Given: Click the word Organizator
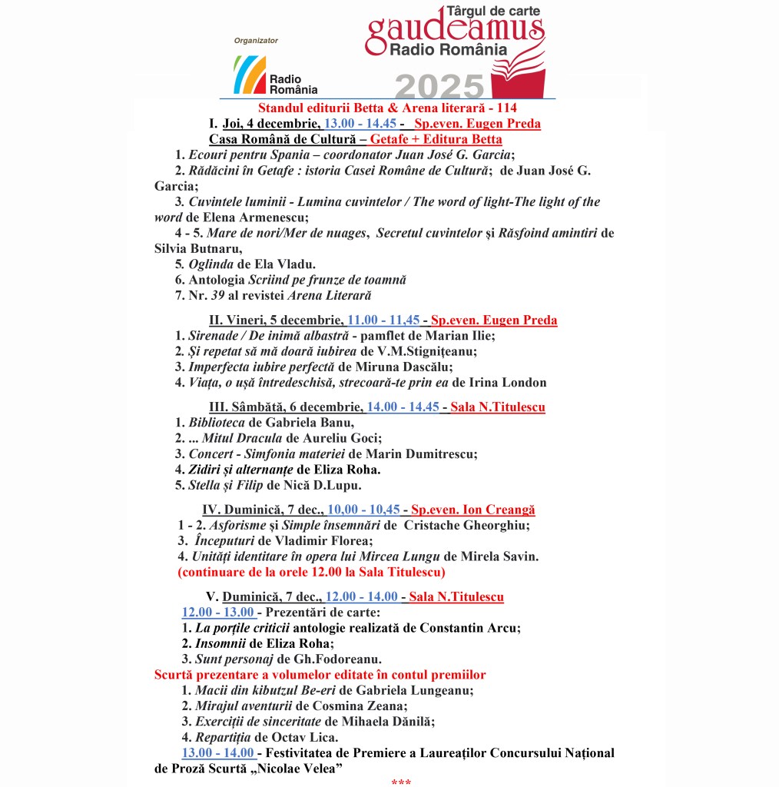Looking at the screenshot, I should pyautogui.click(x=256, y=41).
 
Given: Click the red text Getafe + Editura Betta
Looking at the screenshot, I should pyautogui.click(x=436, y=139).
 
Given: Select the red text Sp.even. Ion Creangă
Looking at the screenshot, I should pyautogui.click(x=472, y=510).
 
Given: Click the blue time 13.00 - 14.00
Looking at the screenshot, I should pyautogui.click(x=217, y=752).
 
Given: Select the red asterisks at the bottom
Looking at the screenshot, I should pyautogui.click(x=401, y=782).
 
